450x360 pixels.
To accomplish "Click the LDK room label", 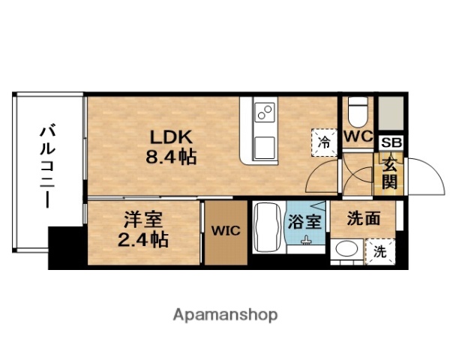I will point(173,138).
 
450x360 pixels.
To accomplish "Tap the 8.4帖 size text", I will point(172,157).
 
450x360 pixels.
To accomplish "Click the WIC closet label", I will point(226,231).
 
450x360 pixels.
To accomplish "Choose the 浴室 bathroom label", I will point(306,222).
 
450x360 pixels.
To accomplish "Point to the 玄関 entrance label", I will point(391,173).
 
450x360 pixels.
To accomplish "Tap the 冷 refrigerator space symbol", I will point(325,140).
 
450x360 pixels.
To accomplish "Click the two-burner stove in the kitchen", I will point(265,113).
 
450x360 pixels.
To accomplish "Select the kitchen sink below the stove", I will point(265,145).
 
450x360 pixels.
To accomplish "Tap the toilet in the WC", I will point(358,112).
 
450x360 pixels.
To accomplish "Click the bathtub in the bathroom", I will point(267,228).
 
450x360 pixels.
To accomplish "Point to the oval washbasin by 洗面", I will point(346,249).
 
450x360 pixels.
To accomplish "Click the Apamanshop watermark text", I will point(226,314).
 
